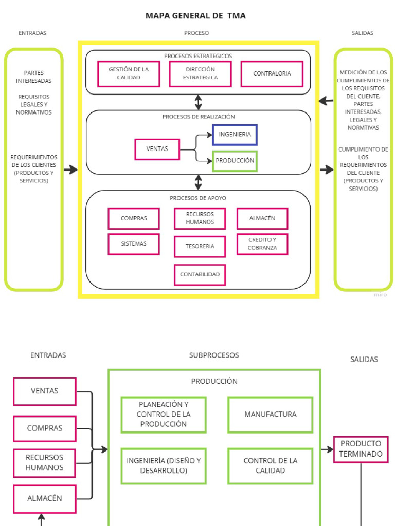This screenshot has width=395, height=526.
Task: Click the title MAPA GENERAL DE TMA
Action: [195, 16]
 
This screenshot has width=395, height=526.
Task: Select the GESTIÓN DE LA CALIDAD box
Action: [129, 73]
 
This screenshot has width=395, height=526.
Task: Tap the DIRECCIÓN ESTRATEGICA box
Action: [200, 73]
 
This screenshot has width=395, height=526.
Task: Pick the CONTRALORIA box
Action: [272, 73]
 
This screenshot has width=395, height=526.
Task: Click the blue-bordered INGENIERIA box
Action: [235, 135]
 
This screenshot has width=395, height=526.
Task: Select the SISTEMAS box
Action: [133, 244]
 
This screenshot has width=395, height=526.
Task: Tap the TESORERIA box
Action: [200, 247]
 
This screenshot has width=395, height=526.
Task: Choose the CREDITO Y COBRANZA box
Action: [262, 244]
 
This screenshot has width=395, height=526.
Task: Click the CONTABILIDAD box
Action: [200, 274]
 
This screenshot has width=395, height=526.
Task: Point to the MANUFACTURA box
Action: [270, 414]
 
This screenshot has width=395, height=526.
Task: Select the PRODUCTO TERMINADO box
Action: [361, 449]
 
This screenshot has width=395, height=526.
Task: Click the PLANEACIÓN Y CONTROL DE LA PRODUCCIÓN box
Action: [164, 414]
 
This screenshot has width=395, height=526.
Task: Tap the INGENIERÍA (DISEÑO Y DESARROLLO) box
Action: [164, 465]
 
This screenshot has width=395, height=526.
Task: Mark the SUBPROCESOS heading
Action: [214, 355]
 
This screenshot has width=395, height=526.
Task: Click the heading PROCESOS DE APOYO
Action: [198, 198]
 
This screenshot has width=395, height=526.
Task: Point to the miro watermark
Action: [380, 295]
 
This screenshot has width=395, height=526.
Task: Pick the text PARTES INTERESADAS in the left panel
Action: [33, 77]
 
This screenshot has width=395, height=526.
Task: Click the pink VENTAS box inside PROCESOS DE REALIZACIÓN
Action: [157, 149]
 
